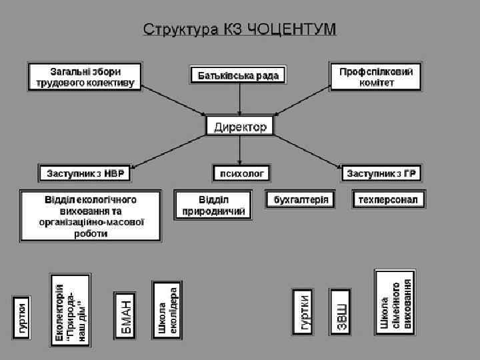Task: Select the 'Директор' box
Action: [240, 126]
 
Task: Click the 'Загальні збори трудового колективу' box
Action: [84, 77]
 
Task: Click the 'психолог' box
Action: [240, 173]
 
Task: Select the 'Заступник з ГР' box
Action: [381, 173]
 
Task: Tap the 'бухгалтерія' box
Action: [301, 200]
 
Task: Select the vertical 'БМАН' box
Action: [125, 313]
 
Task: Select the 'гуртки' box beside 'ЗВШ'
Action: [302, 311]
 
